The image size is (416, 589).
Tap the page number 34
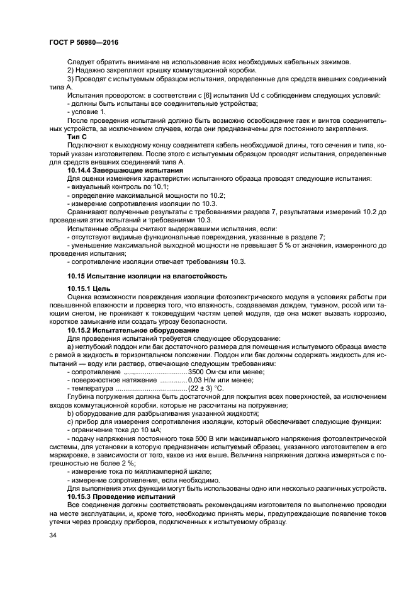(53, 535)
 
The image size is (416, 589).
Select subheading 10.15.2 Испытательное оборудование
(133, 330)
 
